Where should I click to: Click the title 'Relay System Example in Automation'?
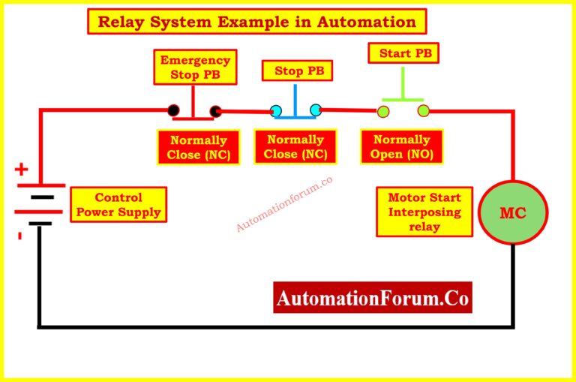click(257, 21)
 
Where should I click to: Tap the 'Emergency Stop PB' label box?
click(194, 67)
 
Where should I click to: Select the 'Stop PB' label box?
click(298, 71)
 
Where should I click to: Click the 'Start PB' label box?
click(403, 53)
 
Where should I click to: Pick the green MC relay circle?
click(513, 212)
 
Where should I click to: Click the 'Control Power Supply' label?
click(118, 205)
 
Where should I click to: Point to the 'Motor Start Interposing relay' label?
click(424, 212)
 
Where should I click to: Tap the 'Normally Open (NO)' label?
click(401, 147)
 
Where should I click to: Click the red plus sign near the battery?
click(22, 170)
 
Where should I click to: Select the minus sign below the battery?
click(19, 236)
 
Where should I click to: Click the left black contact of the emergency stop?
click(174, 110)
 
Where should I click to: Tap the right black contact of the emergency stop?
click(216, 112)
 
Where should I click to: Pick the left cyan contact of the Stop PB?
click(276, 111)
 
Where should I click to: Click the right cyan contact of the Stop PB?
click(316, 110)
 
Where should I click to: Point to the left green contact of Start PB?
click(383, 112)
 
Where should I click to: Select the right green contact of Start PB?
click(424, 111)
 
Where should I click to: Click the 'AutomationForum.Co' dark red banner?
click(373, 298)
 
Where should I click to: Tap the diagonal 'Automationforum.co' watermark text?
click(284, 203)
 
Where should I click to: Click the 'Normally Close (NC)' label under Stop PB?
click(295, 147)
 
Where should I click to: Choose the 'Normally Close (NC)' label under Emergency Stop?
click(199, 147)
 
